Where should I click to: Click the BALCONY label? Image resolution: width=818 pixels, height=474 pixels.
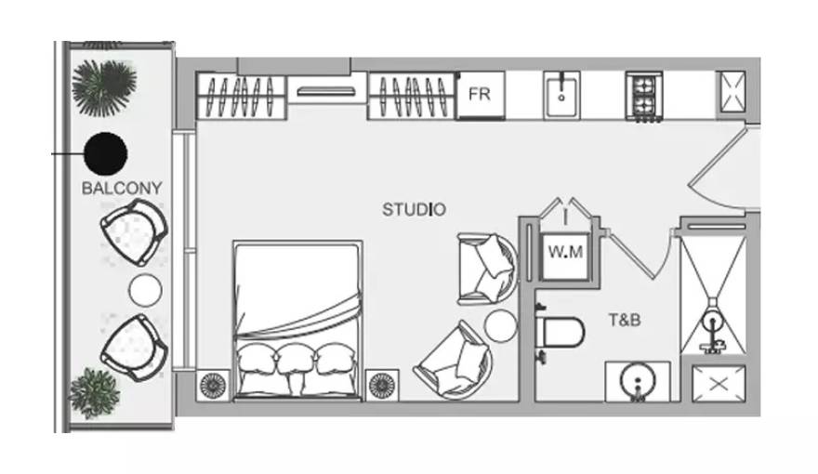click(x=122, y=188)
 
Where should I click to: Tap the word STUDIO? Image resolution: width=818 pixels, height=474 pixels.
click(x=415, y=210)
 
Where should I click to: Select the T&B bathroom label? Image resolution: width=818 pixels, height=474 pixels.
click(x=625, y=319)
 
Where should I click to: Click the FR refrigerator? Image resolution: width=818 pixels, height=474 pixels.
click(x=481, y=96)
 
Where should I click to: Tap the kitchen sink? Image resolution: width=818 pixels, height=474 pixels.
click(x=561, y=96)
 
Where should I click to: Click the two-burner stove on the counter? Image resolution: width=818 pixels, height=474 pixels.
click(x=644, y=96)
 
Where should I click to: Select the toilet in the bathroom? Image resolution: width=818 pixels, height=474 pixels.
click(x=560, y=331)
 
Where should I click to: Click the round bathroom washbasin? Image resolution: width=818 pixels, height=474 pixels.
click(x=638, y=381)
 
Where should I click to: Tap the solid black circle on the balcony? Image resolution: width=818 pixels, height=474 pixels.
click(x=106, y=153)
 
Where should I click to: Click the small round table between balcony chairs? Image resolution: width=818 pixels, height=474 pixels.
click(x=145, y=290)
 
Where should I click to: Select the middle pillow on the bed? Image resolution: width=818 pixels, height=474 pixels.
click(x=295, y=360)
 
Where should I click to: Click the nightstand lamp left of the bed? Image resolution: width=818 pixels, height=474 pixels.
click(x=214, y=386)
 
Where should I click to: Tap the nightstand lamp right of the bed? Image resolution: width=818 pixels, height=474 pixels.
click(x=382, y=386)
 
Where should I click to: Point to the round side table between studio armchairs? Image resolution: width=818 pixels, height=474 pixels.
click(x=500, y=326)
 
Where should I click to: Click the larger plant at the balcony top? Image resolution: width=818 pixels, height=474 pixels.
click(x=104, y=87)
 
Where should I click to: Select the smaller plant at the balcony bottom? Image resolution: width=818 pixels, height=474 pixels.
click(x=95, y=393)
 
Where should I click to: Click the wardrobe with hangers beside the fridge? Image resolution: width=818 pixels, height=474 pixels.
click(x=412, y=96)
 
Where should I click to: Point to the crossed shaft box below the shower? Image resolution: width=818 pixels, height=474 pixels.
click(x=719, y=384)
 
